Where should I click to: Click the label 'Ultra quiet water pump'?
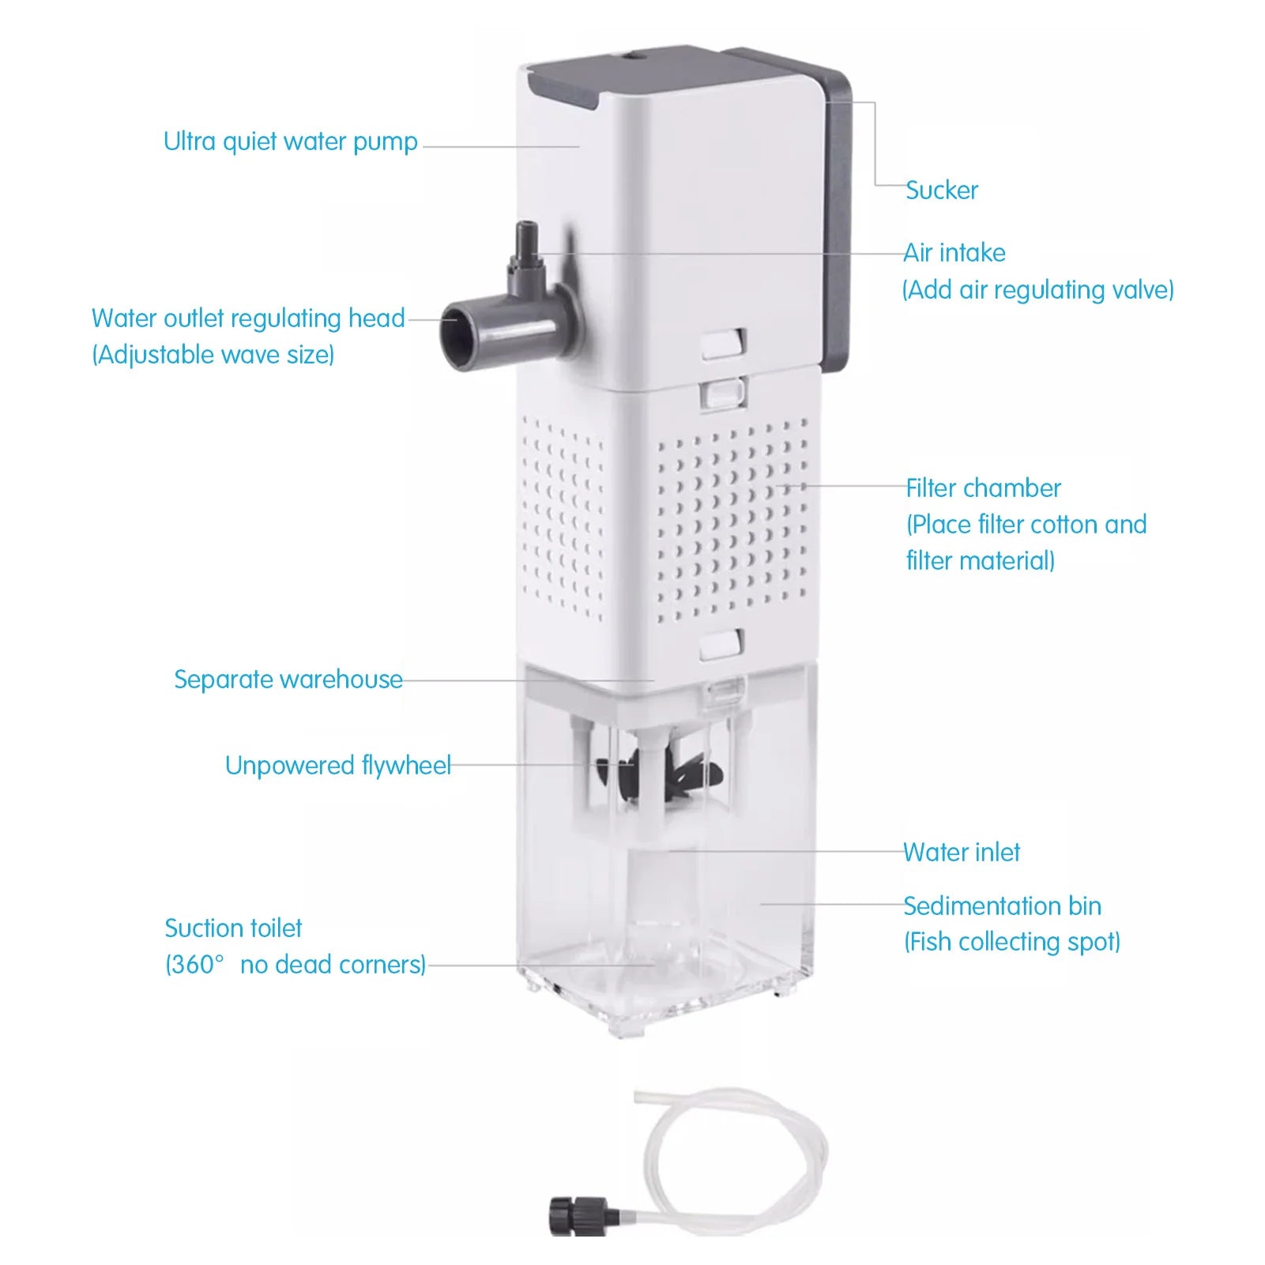[290, 142]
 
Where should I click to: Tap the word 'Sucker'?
[941, 190]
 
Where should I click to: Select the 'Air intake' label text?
[954, 253]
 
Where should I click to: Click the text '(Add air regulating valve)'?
[1037, 290]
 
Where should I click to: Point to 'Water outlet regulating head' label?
[248, 318]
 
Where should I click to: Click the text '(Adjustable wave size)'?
[213, 355]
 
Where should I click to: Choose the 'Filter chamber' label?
[983, 488]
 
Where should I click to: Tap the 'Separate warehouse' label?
[288, 680]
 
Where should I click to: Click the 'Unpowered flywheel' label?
[337, 766]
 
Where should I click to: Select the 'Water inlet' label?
[962, 853]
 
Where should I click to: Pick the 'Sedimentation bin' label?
[1002, 906]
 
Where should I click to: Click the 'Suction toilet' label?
[233, 928]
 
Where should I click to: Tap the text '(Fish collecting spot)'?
[1012, 943]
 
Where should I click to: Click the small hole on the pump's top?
[633, 56]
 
